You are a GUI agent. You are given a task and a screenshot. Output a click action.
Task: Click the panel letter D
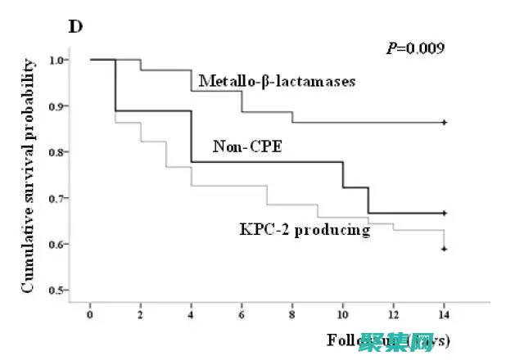pyautogui.click(x=75, y=25)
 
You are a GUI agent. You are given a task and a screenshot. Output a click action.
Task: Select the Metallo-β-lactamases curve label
pyautogui.click(x=277, y=82)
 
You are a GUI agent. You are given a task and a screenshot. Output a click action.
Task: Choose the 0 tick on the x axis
pyautogui.click(x=90, y=313)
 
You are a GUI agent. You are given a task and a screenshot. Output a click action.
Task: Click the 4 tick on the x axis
pyautogui.click(x=191, y=313)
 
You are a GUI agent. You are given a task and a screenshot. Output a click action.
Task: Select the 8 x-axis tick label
pyautogui.click(x=292, y=313)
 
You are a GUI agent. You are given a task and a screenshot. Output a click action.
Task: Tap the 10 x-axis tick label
pyautogui.click(x=342, y=313)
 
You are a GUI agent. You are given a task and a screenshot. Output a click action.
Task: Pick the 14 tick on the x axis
pyautogui.click(x=444, y=313)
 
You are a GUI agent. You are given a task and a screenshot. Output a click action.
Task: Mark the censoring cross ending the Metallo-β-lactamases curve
pyautogui.click(x=444, y=122)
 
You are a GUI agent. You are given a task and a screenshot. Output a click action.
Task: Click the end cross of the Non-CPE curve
pyautogui.click(x=444, y=213)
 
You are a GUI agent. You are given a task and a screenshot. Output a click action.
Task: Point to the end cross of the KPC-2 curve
pyautogui.click(x=444, y=249)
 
